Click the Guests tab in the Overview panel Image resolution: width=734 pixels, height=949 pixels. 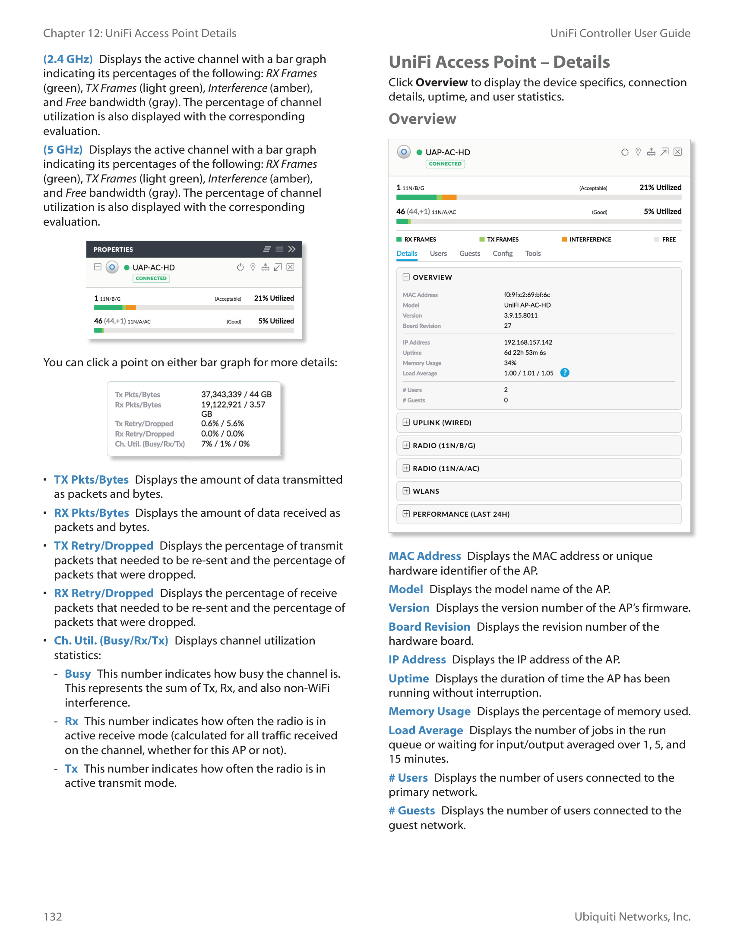[x=470, y=254]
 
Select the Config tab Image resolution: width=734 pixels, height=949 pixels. [x=502, y=254]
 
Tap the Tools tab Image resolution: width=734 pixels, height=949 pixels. [x=533, y=254]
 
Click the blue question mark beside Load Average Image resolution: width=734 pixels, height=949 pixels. [x=564, y=373]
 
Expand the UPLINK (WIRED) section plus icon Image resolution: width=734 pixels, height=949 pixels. [x=406, y=422]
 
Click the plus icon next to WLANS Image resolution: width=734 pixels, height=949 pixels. [x=406, y=491]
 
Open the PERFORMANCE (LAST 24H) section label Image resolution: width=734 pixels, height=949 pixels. [x=461, y=515]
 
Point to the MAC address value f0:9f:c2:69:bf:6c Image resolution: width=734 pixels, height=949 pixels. [x=527, y=295]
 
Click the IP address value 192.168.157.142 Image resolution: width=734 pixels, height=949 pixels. [x=528, y=343]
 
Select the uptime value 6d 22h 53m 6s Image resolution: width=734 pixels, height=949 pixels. [x=525, y=353]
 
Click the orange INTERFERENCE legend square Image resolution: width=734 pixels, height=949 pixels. [x=564, y=239]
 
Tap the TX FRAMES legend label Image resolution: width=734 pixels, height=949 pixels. [x=503, y=240]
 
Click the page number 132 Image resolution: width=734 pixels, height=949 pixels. [x=53, y=916]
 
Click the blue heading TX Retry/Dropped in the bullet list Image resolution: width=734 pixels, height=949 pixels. [x=104, y=546]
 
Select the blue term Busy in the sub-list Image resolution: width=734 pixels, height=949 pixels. [x=78, y=674]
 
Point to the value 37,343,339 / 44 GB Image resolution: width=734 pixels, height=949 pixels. [x=236, y=395]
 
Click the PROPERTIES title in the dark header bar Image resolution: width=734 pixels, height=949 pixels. [x=113, y=250]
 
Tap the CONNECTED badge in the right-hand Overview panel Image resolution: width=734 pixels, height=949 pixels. [x=445, y=164]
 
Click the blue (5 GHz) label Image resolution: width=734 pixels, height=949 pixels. [x=63, y=150]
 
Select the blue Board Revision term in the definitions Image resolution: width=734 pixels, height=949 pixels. [x=429, y=627]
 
